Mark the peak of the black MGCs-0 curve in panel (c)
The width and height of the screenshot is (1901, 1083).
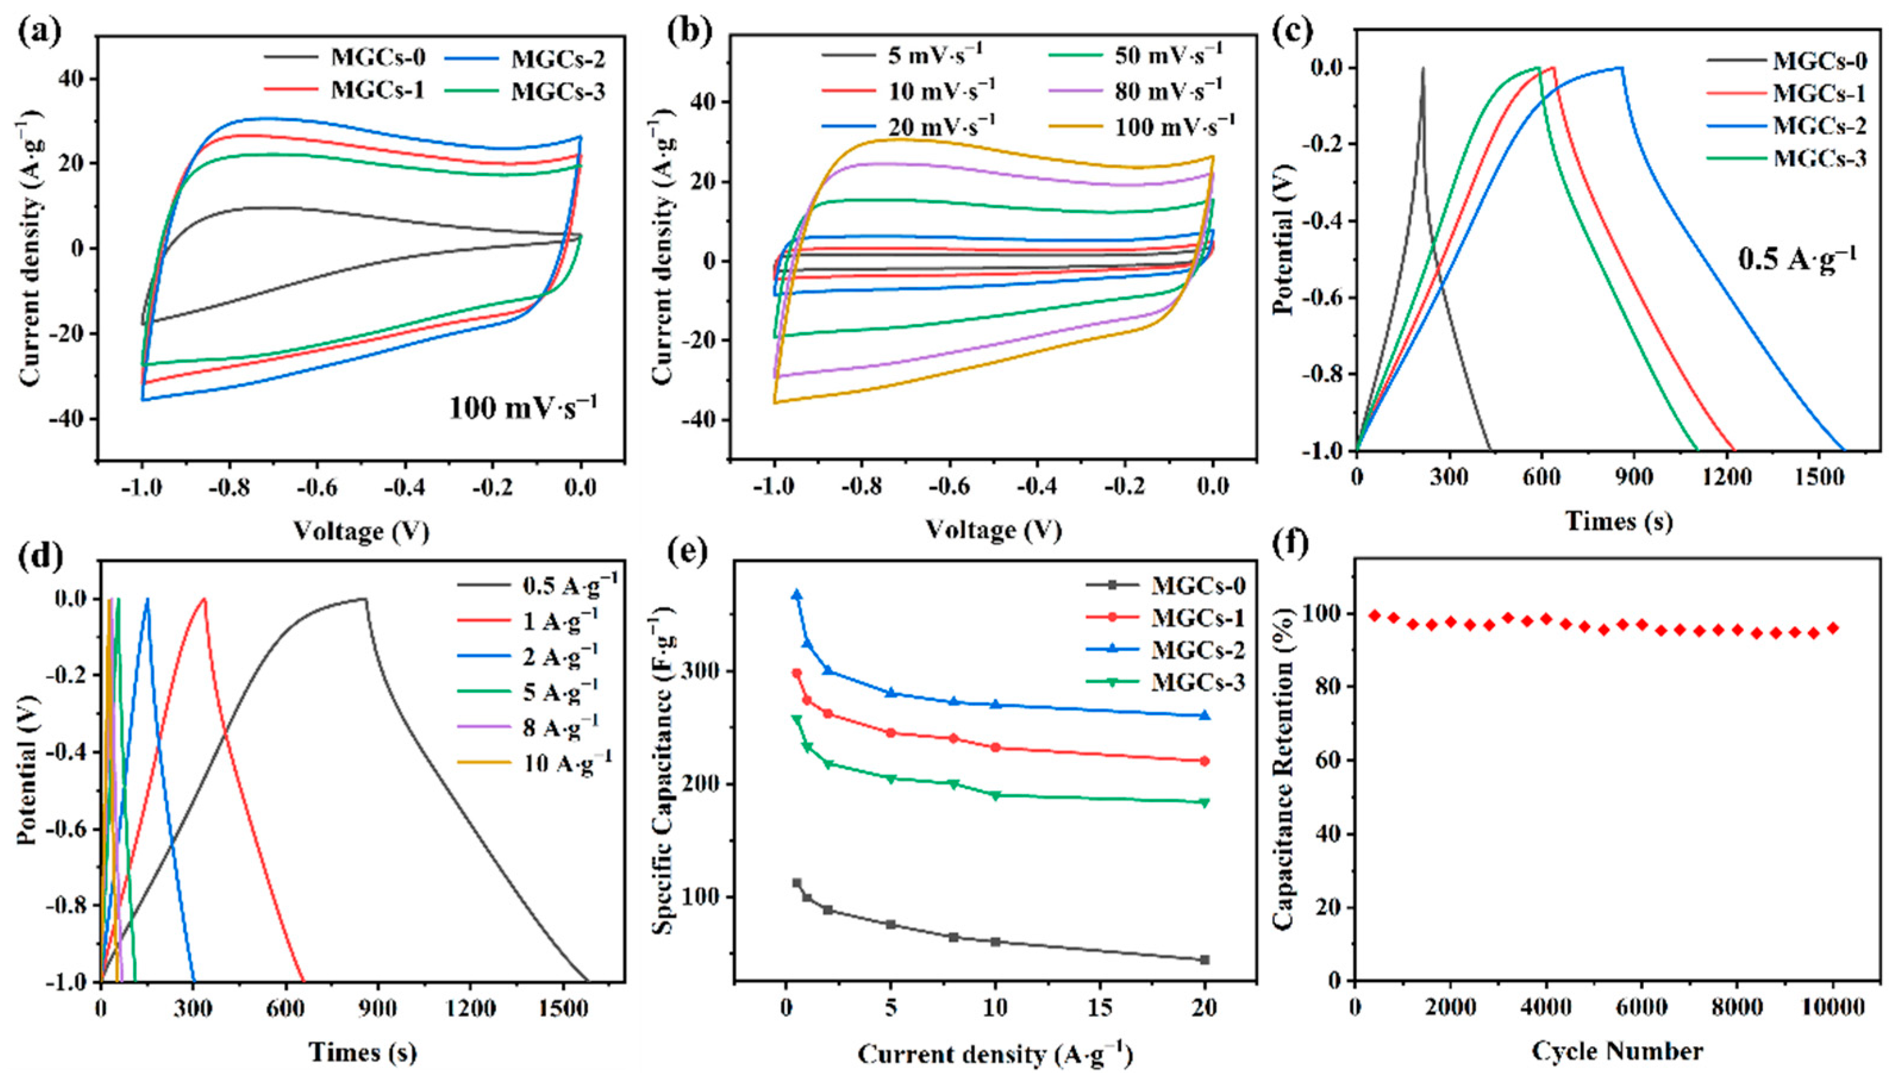point(1423,68)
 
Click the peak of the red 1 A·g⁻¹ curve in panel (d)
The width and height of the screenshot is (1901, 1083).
point(203,599)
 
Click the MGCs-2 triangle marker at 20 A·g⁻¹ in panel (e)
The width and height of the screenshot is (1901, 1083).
point(1205,715)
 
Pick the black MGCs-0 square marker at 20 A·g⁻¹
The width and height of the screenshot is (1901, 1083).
point(1205,959)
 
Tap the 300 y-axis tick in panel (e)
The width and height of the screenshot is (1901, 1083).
point(702,671)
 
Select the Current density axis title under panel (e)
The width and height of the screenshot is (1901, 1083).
point(995,1054)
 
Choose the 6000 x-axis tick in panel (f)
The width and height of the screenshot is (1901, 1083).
point(1641,1007)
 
